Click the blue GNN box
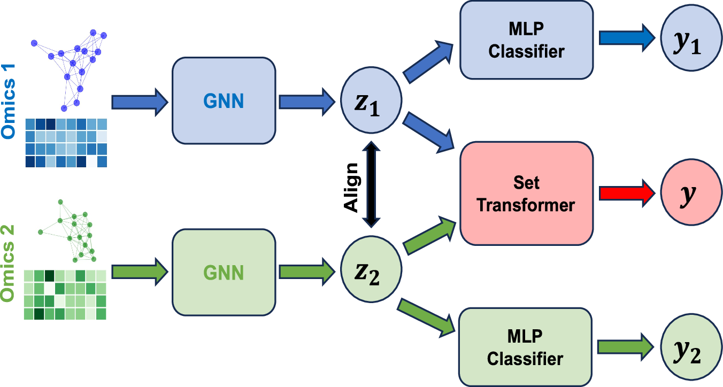coord(224,100)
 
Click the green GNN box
coord(224,272)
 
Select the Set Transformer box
coord(526,193)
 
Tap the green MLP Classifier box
coord(526,347)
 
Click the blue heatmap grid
coord(66,142)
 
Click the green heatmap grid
coord(65,295)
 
